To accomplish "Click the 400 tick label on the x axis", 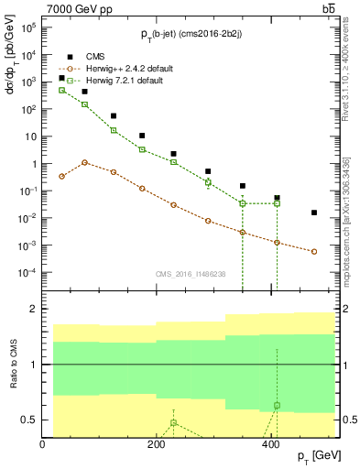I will pyautogui.click(x=270, y=446).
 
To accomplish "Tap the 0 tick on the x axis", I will pyautogui.click(x=43, y=446).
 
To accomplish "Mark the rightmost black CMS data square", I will pyautogui.click(x=314, y=213).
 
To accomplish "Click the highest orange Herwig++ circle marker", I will pyautogui.click(x=84, y=162).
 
